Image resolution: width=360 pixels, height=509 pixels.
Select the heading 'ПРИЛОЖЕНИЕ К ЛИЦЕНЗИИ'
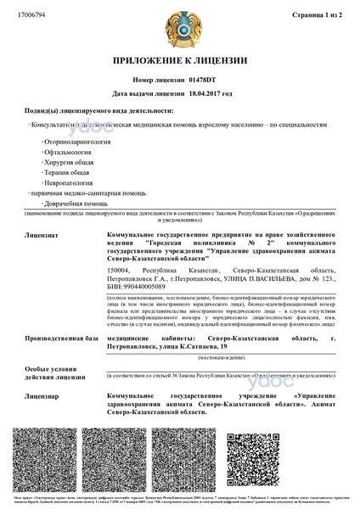(x=180, y=62)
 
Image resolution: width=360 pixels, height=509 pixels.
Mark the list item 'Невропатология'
(x=74, y=193)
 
